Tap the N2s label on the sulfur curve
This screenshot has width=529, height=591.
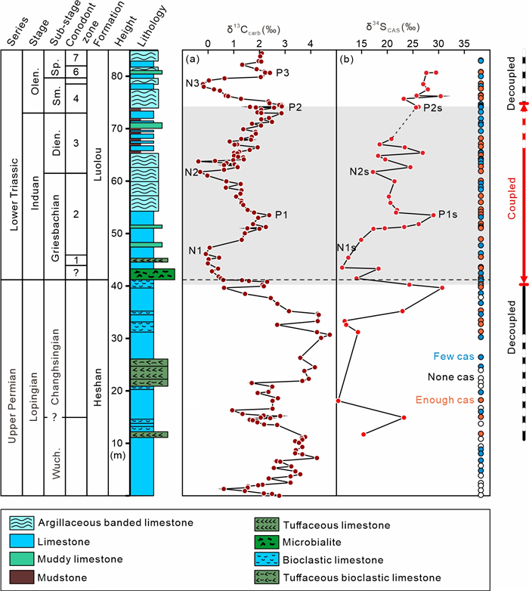[359, 172]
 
